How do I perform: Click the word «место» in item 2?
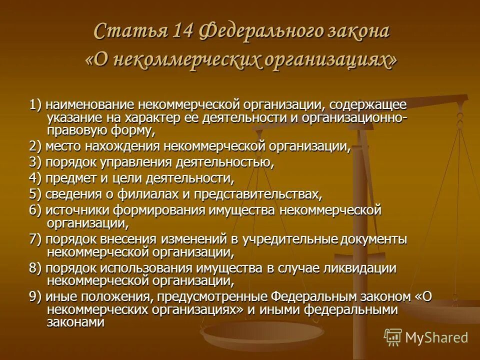click(61, 147)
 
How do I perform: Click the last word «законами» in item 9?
click(75, 322)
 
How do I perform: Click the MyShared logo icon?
click(392, 337)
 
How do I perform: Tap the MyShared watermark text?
click(437, 337)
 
